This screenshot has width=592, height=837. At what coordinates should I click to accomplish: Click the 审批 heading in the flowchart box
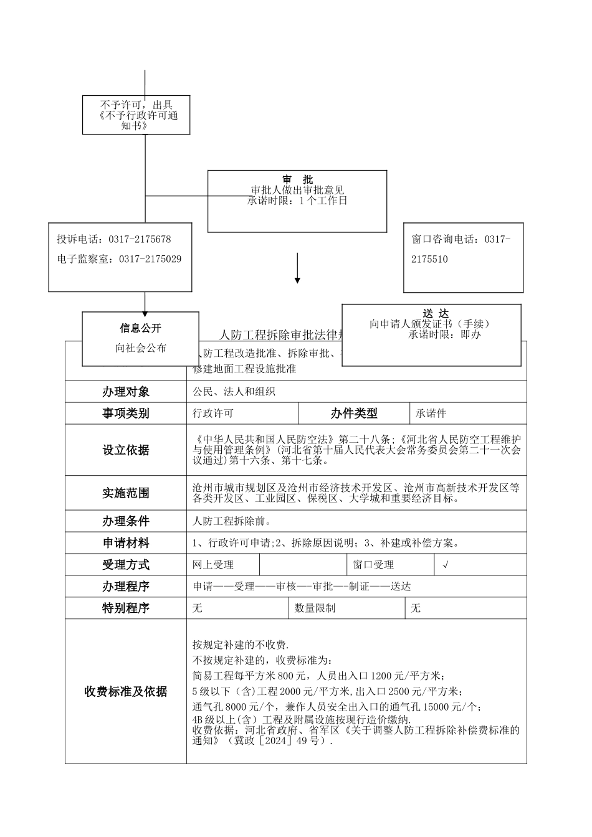[297, 179]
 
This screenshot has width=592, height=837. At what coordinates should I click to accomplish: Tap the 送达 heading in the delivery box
[435, 313]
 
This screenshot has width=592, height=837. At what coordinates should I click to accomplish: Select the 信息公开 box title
[141, 328]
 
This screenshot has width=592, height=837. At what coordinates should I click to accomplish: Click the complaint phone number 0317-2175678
[140, 239]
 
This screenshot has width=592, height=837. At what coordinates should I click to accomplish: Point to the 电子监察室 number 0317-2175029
[150, 259]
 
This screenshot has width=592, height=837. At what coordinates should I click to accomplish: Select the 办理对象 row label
[126, 392]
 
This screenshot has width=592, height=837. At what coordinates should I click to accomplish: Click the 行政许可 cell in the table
[213, 414]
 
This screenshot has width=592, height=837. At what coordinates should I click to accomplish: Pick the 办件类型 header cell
[354, 414]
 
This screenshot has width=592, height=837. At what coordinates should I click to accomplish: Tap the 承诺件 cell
[431, 414]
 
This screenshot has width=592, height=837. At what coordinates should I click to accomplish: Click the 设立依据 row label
[126, 450]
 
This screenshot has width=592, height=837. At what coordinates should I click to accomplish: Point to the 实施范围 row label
[126, 493]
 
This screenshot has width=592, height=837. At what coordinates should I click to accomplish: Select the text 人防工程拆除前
[231, 521]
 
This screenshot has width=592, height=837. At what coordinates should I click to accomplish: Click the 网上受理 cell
[213, 565]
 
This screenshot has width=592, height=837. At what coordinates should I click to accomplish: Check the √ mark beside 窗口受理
[445, 565]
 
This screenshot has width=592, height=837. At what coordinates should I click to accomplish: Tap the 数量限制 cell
[315, 608]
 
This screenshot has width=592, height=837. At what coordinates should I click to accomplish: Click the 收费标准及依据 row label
[126, 691]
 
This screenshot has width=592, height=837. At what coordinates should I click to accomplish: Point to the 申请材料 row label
[126, 543]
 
